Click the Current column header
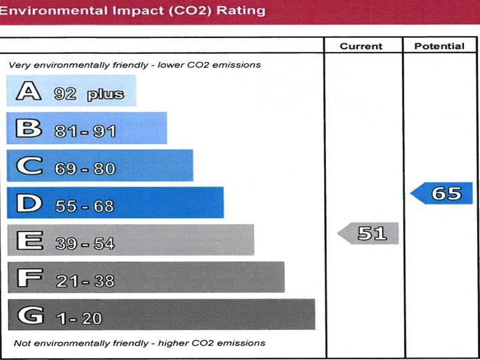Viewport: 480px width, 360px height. tap(361, 46)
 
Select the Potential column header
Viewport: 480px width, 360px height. tap(439, 46)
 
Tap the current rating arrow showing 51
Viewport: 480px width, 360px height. tap(369, 233)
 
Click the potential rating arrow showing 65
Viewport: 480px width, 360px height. tap(442, 193)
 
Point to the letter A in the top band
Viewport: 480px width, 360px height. tap(28, 91)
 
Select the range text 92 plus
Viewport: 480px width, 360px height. tap(89, 94)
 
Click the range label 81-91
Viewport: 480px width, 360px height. tap(85, 131)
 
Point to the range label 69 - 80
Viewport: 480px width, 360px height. tap(85, 169)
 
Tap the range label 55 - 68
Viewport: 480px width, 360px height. tap(85, 207)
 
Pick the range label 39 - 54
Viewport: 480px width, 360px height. tap(85, 244)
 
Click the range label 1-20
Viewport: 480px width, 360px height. tap(79, 319)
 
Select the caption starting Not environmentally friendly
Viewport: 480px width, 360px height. tap(139, 343)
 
